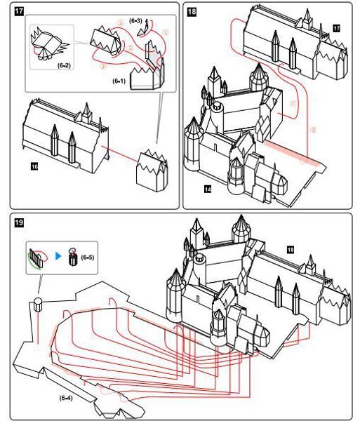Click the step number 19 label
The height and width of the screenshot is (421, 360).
point(19,222)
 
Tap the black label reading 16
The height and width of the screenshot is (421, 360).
point(34,167)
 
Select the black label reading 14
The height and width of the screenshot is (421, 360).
point(208,189)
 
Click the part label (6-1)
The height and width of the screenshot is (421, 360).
point(119,81)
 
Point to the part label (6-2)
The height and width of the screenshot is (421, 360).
point(64,65)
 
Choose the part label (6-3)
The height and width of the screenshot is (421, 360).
point(135,20)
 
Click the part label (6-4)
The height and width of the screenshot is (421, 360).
point(66,398)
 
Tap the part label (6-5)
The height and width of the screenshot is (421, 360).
point(88,258)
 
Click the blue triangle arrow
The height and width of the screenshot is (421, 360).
point(58,256)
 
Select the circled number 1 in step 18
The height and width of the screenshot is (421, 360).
point(293,103)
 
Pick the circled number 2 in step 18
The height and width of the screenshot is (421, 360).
point(313,130)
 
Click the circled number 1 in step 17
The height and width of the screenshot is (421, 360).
point(166,32)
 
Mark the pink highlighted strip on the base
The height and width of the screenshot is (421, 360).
point(293,153)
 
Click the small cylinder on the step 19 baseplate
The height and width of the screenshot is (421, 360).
point(38,305)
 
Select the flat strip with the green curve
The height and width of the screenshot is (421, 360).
point(36,258)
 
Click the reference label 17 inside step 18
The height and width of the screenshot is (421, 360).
point(336,29)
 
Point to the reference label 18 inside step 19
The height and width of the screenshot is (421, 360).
point(291,250)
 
